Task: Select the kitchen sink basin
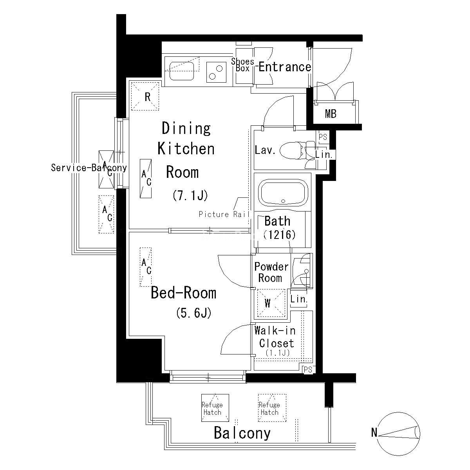(182, 71)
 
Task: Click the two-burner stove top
(216, 72)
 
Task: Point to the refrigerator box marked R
(145, 96)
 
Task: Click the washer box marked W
(271, 303)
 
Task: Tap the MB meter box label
(331, 114)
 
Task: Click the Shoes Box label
(242, 65)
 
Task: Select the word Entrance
(285, 67)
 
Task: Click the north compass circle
(399, 434)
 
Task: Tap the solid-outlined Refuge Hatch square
(215, 408)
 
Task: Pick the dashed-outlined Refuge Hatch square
(272, 408)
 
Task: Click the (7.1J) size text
(190, 195)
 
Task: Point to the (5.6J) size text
(193, 313)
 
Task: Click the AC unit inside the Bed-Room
(146, 267)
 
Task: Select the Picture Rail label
(224, 214)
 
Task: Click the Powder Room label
(271, 272)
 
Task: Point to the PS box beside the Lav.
(323, 137)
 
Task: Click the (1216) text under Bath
(280, 235)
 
